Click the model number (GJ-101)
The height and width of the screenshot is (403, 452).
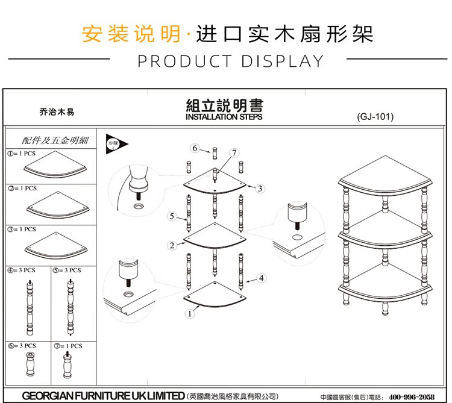tap(375, 117)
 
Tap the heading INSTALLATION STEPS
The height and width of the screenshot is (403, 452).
tap(224, 117)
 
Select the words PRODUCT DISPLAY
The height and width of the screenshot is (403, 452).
tap(231, 61)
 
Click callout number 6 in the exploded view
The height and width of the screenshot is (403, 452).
tap(195, 148)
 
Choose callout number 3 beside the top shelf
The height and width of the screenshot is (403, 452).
tap(260, 189)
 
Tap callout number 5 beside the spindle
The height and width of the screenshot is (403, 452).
tap(172, 216)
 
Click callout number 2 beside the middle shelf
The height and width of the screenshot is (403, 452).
tap(172, 245)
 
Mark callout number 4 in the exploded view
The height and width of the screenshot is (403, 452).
tap(261, 278)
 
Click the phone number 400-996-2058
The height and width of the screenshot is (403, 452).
tap(412, 396)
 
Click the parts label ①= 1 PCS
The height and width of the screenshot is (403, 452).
tap(22, 154)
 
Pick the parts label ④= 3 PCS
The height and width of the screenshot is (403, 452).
tap(22, 270)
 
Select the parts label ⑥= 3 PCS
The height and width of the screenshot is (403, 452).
tap(22, 346)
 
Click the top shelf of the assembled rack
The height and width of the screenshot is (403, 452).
tap(385, 178)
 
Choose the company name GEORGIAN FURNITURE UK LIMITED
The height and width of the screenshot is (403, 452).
tap(103, 396)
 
